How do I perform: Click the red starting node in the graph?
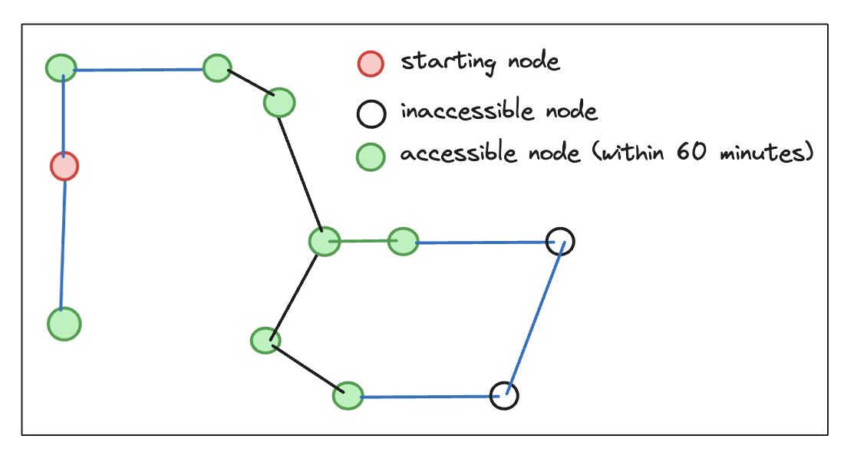coord(64,166)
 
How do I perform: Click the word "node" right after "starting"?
coord(534,61)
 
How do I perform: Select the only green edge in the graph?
coord(364,242)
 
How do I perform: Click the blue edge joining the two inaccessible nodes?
coord(535,318)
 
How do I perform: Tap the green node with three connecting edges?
coord(325,242)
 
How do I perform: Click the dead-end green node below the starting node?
coord(64,324)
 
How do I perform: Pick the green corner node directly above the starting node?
coord(61,68)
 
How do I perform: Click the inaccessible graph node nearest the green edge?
coord(560,242)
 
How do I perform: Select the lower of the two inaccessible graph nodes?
coord(504,396)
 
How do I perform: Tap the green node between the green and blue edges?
coord(403,242)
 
